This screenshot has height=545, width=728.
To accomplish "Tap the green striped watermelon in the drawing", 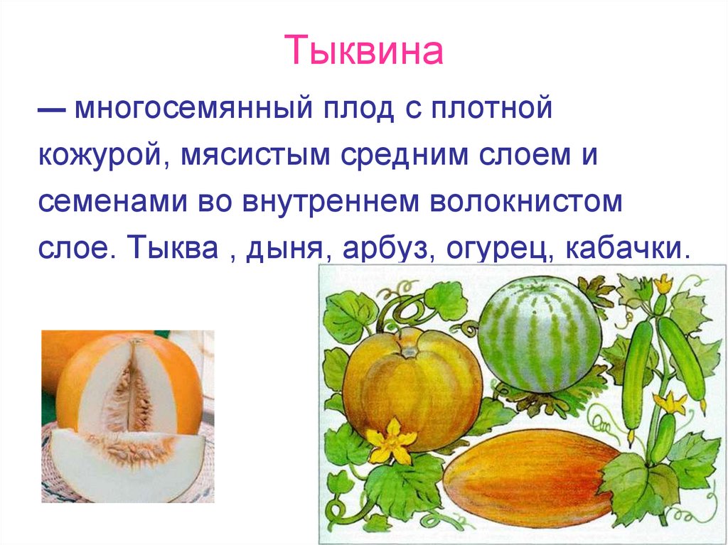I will point(538,334).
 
